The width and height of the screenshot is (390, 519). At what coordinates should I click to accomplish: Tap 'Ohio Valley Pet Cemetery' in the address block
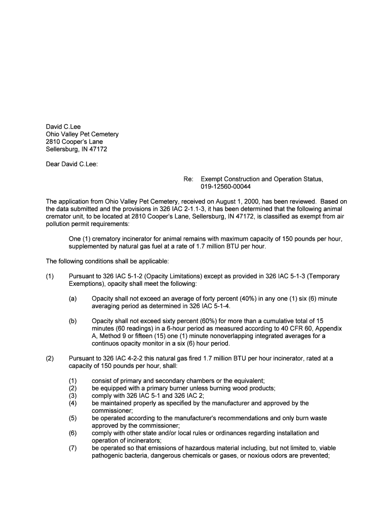(82, 134)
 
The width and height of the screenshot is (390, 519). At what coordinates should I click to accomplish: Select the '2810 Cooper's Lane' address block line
(74, 142)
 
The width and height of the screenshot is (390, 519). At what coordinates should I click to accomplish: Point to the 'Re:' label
(188, 179)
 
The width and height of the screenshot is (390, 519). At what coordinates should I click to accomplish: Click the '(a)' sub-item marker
(73, 299)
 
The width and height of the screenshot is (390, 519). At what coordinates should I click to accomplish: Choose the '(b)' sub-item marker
(73, 321)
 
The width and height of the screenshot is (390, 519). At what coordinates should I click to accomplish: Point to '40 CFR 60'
(288, 328)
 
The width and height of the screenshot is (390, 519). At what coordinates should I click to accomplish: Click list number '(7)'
(73, 448)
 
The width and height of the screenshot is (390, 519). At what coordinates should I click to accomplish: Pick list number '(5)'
(73, 418)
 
